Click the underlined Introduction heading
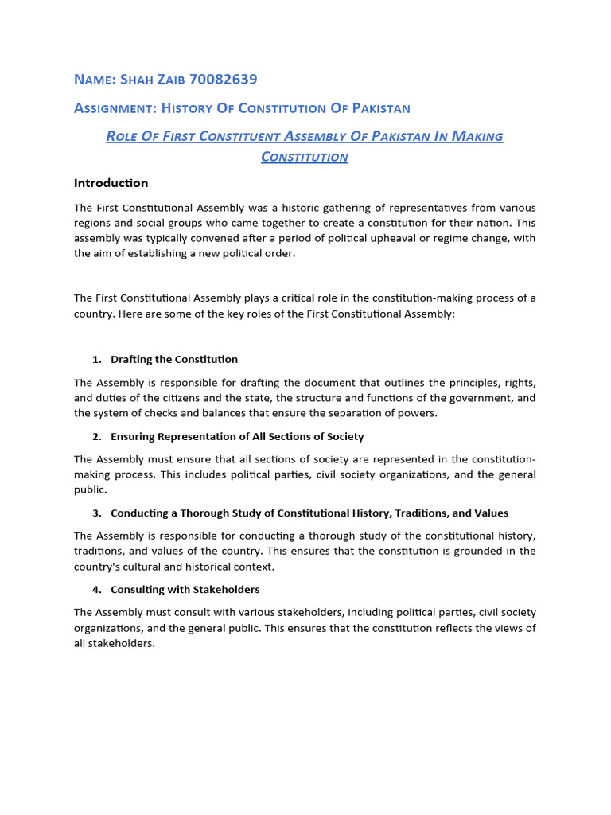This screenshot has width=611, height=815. (x=111, y=183)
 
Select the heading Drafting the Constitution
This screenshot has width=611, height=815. (x=174, y=359)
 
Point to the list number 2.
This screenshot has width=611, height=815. (x=96, y=436)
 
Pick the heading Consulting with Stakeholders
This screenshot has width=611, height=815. (x=185, y=590)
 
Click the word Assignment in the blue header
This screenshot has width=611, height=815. (x=111, y=107)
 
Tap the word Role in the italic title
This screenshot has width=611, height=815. (x=123, y=136)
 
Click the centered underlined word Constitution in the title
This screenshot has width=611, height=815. (x=305, y=157)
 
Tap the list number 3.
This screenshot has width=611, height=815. (x=96, y=513)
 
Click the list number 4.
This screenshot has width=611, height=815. (x=96, y=590)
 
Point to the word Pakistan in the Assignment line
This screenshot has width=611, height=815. (x=378, y=107)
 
